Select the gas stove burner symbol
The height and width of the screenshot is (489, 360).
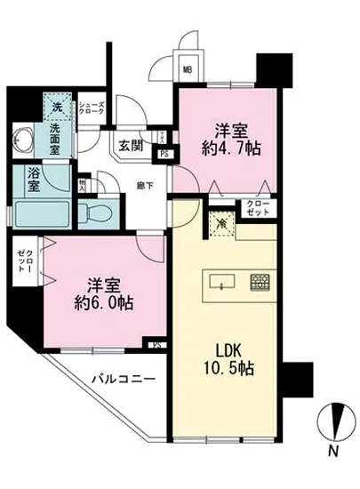[x=260, y=284]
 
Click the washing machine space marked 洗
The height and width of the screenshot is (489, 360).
[x=56, y=108]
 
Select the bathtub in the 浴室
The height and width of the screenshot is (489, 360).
[x=43, y=212]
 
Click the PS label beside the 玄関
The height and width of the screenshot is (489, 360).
[x=164, y=152]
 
